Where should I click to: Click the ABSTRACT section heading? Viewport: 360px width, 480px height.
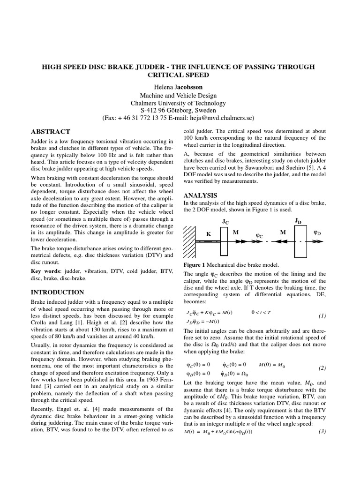point(50,132)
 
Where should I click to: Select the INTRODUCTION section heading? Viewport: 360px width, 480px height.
point(58,292)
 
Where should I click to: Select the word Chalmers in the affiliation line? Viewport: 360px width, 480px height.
point(147,103)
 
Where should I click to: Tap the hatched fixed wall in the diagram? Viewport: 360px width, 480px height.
point(189,241)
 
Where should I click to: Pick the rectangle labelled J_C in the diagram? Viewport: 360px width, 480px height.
point(224,241)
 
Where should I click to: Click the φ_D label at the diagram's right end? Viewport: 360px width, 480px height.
point(317,232)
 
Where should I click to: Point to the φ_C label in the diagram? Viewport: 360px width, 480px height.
point(259,234)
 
